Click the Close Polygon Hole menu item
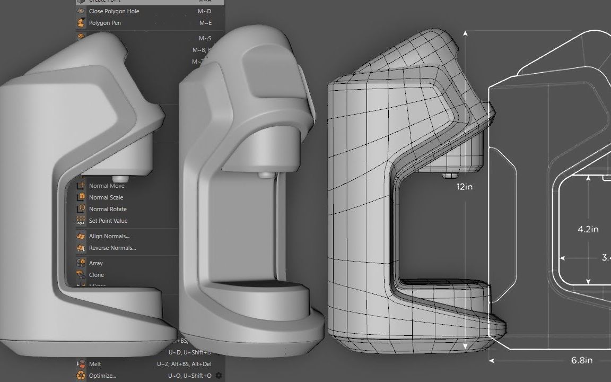pyautogui.click(x=114, y=11)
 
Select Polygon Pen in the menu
pyautogui.click(x=106, y=23)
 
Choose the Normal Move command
pyautogui.click(x=107, y=186)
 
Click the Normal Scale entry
pyautogui.click(x=106, y=197)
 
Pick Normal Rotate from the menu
pyautogui.click(x=108, y=209)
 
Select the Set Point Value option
pyautogui.click(x=108, y=221)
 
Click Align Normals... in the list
pyautogui.click(x=109, y=236)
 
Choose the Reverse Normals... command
pyautogui.click(x=112, y=248)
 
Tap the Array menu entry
pyautogui.click(x=96, y=263)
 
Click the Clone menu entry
pyautogui.click(x=97, y=275)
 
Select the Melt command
pyautogui.click(x=95, y=364)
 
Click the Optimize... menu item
pyautogui.click(x=102, y=376)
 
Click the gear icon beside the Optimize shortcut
pyautogui.click(x=219, y=376)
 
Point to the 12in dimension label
pyautogui.click(x=465, y=187)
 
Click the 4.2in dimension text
pyautogui.click(x=588, y=229)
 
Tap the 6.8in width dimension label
pyautogui.click(x=581, y=360)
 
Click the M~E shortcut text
pyautogui.click(x=205, y=23)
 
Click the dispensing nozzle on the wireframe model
pyautogui.click(x=450, y=175)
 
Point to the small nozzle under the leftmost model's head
pyautogui.click(x=121, y=178)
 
